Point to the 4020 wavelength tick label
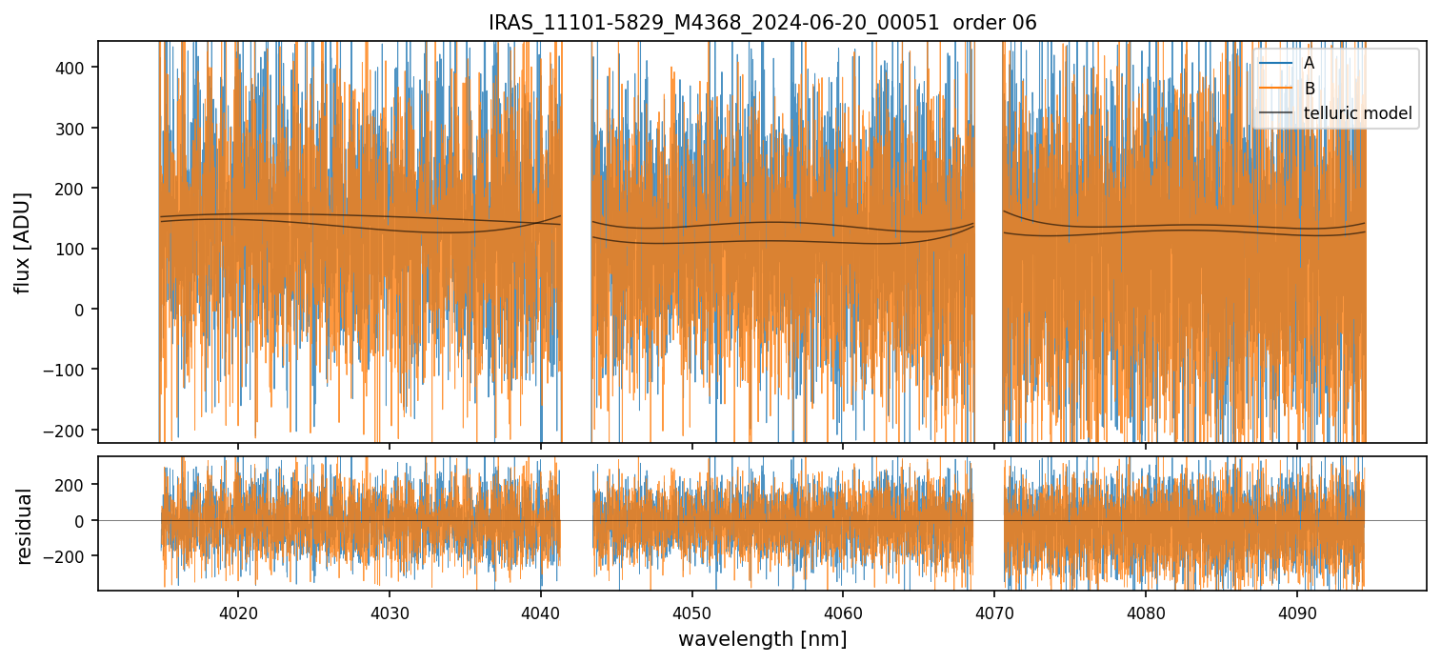tap(238, 610)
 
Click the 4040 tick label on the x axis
tap(541, 610)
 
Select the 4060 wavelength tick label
tap(843, 610)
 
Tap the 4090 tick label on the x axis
tap(1296, 610)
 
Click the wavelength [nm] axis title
tap(762, 638)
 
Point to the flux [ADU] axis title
tap(23, 242)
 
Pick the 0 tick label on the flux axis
tap(84, 309)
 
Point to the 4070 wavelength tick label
tap(994, 610)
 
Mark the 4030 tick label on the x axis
tap(390, 610)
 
